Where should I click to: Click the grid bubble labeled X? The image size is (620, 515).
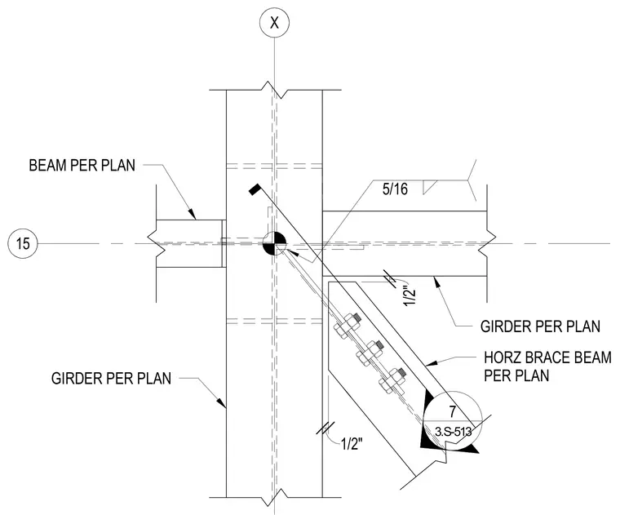coord(274,23)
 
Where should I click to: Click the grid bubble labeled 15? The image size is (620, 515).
coord(23,243)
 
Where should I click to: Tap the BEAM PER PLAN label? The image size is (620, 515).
coord(82,166)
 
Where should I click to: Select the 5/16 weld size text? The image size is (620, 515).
coord(395,189)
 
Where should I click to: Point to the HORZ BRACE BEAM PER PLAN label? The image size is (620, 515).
coord(547,366)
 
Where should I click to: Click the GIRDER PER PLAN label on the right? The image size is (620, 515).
coord(540,326)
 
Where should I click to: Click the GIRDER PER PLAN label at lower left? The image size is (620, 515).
coord(111,379)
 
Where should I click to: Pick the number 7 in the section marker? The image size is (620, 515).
coord(452,411)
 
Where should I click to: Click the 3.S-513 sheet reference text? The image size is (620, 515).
coord(453,431)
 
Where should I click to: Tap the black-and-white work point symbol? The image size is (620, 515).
coord(274,244)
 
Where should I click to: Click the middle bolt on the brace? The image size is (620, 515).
coord(370,352)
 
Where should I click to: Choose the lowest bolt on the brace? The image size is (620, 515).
coord(392,379)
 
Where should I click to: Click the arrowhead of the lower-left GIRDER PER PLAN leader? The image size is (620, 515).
coord(222,402)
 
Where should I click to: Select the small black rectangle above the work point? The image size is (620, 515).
coord(254,189)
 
